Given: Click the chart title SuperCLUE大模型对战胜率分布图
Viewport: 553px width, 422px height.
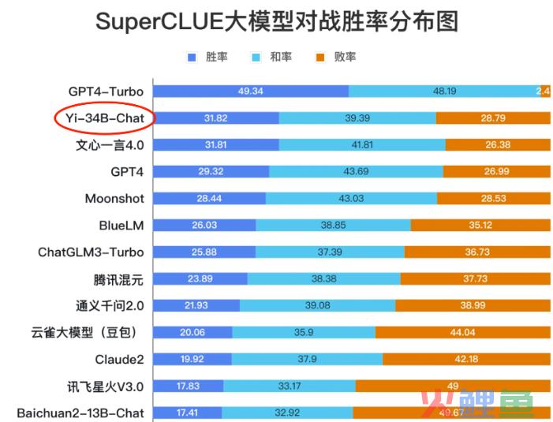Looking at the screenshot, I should (x=277, y=21).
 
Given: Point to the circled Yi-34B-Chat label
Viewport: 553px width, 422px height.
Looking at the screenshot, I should (x=105, y=118).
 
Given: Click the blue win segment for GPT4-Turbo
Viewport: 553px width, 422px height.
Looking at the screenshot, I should (x=250, y=91).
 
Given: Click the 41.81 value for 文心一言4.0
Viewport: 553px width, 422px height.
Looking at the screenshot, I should (x=362, y=145).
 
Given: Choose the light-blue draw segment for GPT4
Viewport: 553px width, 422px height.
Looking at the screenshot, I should (x=356, y=172).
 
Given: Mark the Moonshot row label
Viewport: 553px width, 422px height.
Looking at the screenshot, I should (x=114, y=199).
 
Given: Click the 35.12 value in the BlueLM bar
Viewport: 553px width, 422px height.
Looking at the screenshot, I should (x=480, y=226).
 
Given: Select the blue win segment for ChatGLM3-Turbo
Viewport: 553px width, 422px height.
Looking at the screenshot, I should (x=204, y=252).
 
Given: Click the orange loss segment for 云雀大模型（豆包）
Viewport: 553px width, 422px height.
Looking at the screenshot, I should (x=463, y=333).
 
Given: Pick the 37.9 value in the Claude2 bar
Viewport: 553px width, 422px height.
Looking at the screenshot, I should (x=308, y=360).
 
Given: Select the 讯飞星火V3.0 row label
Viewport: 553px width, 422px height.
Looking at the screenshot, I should (x=106, y=387).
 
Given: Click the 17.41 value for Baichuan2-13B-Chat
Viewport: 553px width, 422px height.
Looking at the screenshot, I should (x=186, y=413).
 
